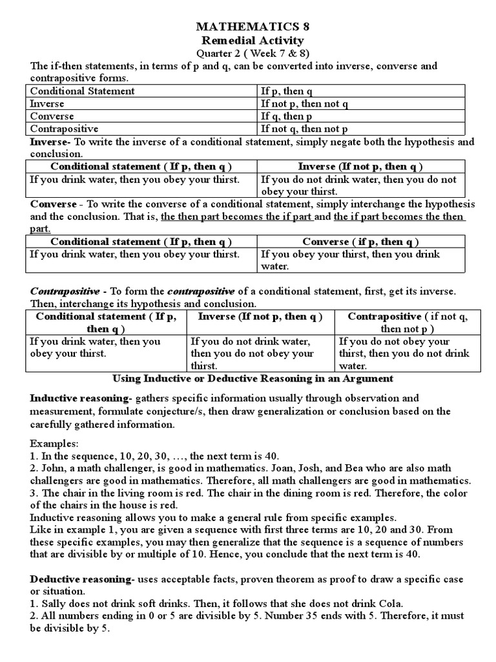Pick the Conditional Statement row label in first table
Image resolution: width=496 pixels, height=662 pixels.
coord(83,91)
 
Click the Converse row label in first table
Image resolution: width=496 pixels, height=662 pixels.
coord(52,116)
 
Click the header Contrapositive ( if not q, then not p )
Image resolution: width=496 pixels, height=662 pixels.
coord(408,323)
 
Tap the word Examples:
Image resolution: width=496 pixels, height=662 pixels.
coord(52,445)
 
